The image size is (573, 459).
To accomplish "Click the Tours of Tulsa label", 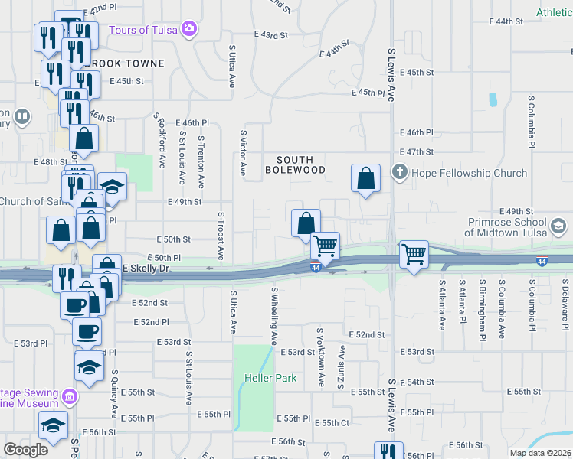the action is pos(143,30).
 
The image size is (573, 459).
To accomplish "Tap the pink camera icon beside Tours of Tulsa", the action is pos(189,30).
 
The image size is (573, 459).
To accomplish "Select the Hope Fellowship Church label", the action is pos(470,173).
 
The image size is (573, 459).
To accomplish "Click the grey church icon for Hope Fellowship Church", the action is pos(399,173).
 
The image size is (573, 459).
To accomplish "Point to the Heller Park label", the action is pos(265,378).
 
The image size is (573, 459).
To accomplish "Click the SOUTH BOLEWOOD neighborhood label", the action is pos(295,164).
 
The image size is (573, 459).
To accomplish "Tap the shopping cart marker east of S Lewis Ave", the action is pos(414,252).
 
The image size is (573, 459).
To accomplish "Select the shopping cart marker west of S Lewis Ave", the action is pos(326,246).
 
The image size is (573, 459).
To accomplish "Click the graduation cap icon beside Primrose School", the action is pos(558,226).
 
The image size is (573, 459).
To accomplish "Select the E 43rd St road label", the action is pos(271,34).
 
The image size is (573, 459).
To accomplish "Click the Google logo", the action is pos(25,450).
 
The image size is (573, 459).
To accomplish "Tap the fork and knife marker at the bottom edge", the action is pos(387,452).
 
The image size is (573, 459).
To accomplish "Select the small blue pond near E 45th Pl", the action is pos(493,99).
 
